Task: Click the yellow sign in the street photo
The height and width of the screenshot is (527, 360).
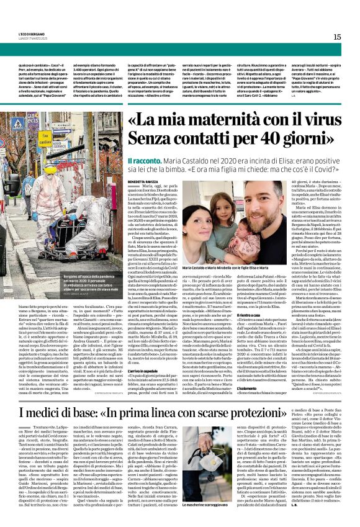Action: pos(45,140)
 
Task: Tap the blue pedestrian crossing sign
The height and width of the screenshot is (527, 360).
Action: pos(18,124)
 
